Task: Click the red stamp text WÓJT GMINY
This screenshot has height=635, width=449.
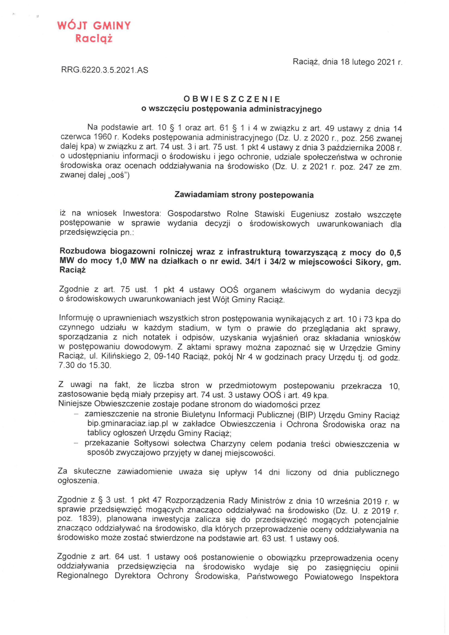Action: pos(94,26)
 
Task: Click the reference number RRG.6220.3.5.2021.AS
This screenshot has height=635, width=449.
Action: pos(105,70)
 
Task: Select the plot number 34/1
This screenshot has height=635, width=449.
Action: pos(253,261)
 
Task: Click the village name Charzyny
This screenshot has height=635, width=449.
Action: pos(227,444)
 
